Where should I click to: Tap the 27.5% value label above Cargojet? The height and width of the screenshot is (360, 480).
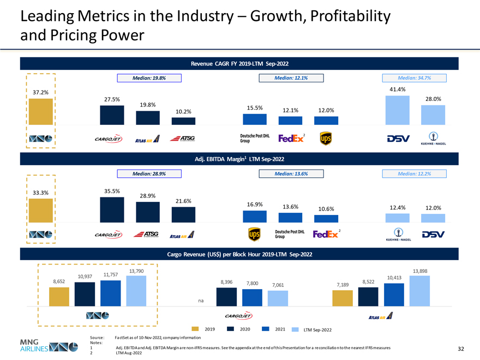coord(112,99)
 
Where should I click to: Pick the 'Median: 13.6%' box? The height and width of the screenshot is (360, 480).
coord(291,173)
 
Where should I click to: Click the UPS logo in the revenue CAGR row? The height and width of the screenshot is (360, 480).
coord(326,139)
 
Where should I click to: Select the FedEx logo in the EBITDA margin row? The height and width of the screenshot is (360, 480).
coord(326,234)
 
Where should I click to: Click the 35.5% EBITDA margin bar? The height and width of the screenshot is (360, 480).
coord(112,209)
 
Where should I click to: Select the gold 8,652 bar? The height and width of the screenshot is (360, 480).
coord(59,296)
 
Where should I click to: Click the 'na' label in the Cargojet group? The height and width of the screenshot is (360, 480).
coord(202,301)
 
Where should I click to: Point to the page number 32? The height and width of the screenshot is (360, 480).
coord(463,350)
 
